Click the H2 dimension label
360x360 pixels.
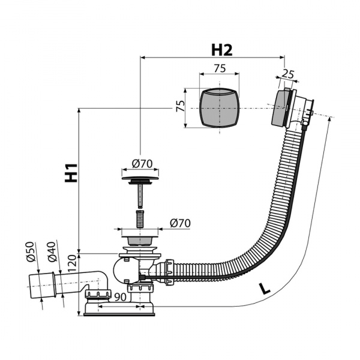(221, 50)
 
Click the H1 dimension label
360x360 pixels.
(71, 173)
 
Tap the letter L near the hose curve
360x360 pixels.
(265, 289)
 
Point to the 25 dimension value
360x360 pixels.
(287, 74)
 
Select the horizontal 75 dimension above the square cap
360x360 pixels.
(220, 68)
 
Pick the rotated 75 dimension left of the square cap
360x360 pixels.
(181, 106)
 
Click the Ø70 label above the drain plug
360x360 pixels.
(142, 164)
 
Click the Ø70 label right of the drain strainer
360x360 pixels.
(180, 223)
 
